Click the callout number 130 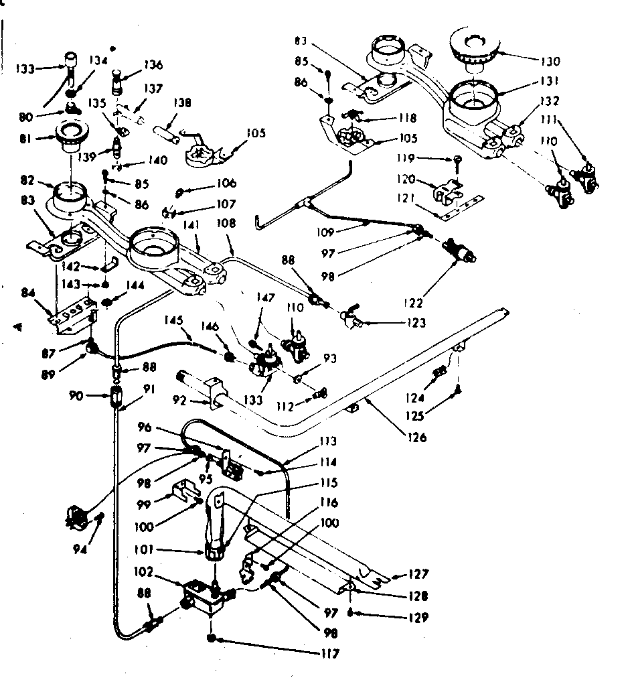pos(551,60)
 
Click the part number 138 pos(181,103)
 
